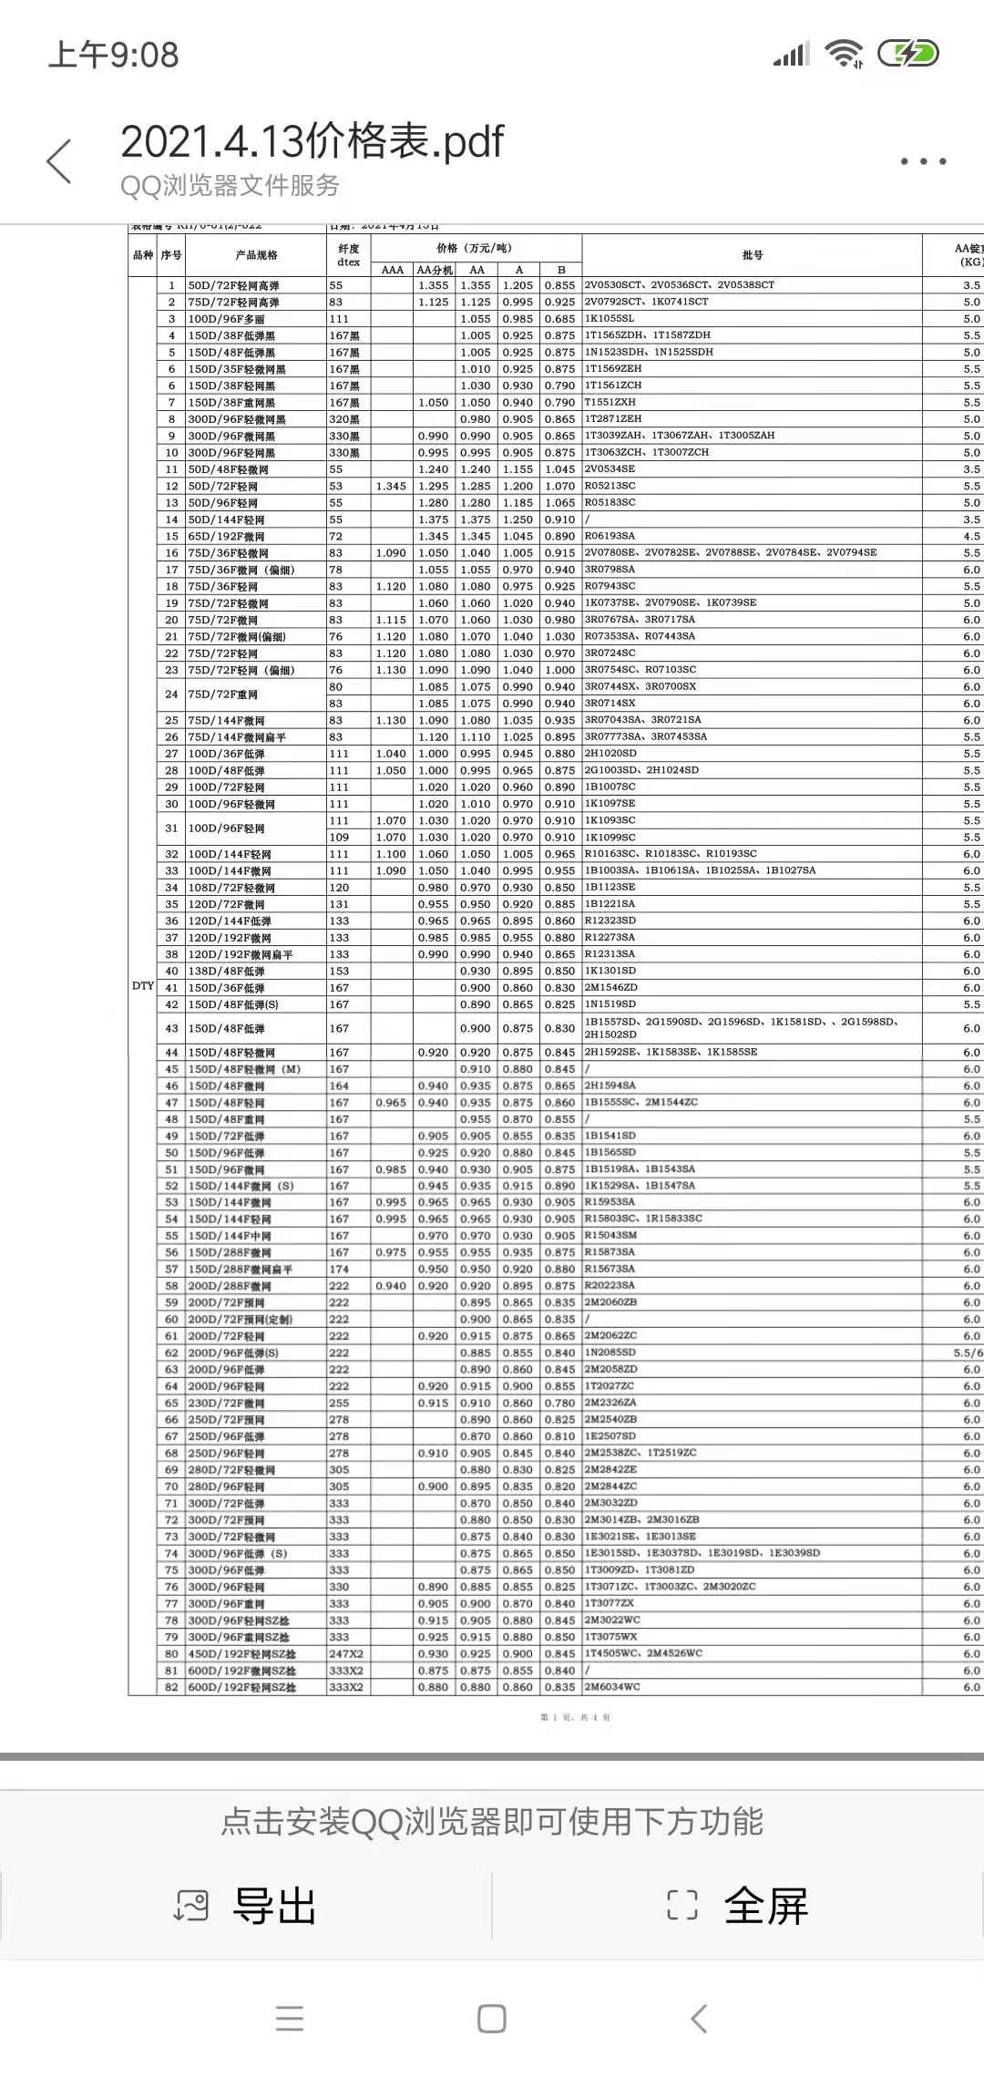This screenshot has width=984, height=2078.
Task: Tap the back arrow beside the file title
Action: [x=59, y=161]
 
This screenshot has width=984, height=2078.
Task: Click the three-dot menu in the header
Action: [x=923, y=161]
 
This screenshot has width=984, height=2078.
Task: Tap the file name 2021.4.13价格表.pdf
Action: [x=312, y=141]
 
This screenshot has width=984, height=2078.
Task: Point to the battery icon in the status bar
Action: [x=907, y=55]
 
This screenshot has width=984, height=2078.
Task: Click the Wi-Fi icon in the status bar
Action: [x=844, y=55]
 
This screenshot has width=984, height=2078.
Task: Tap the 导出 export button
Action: [x=246, y=1906]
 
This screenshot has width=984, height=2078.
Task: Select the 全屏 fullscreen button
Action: [x=738, y=1906]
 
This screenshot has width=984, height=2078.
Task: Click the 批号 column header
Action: [x=753, y=255]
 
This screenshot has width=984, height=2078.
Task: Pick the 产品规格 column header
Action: [x=256, y=255]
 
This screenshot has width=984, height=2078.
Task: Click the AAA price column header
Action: [x=392, y=270]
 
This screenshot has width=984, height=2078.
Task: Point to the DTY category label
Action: [x=143, y=986]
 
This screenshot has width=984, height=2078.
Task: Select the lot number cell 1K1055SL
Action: [x=610, y=319]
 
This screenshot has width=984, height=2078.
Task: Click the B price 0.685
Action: [x=560, y=319]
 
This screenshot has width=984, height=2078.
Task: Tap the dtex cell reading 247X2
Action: [x=346, y=1654]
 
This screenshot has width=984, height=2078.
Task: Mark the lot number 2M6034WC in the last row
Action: [x=612, y=1687]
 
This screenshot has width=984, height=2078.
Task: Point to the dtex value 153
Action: [x=339, y=971]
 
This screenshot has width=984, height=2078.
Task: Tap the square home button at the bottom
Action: [x=492, y=2019]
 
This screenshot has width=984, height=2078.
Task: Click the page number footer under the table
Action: [x=575, y=1717]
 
